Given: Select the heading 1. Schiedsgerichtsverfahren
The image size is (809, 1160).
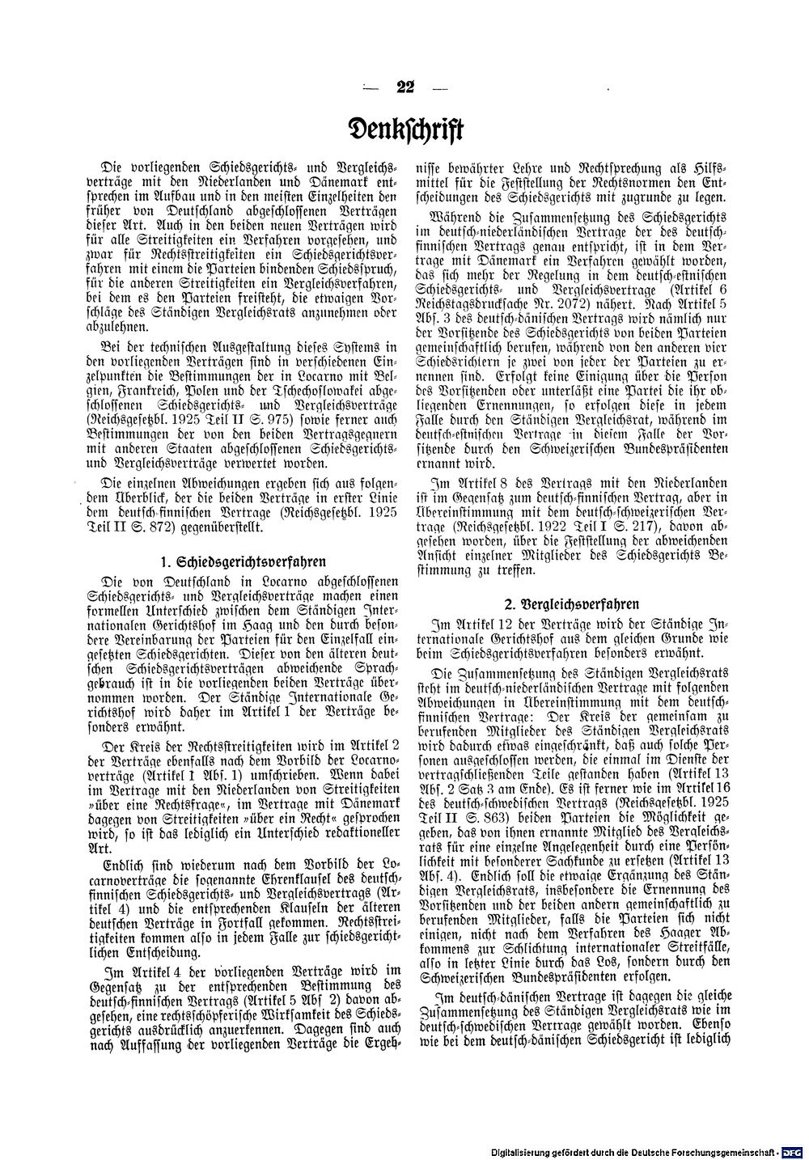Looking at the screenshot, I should [236, 560].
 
